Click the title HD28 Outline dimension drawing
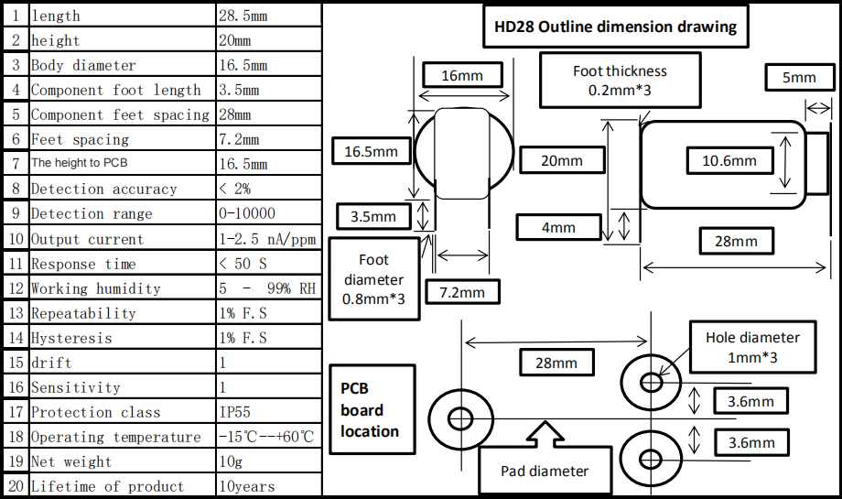[615, 27]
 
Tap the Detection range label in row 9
[92, 213]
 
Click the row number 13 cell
[15, 313]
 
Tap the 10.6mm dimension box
[729, 161]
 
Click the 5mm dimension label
[799, 79]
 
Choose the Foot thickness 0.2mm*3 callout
[620, 80]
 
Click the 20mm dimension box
[562, 160]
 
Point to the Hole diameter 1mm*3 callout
[752, 347]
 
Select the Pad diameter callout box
[544, 471]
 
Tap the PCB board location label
[370, 409]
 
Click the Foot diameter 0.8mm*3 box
[373, 279]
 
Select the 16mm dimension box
[462, 76]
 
